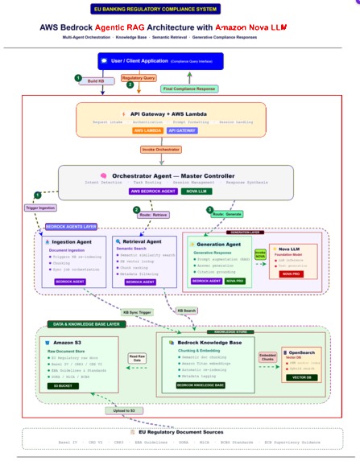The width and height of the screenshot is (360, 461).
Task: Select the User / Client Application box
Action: [150, 60]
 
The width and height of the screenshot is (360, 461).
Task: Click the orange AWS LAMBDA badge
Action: [149, 130]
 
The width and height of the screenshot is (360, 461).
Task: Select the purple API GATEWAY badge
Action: [185, 130]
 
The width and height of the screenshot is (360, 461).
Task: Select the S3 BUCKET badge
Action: [62, 386]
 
